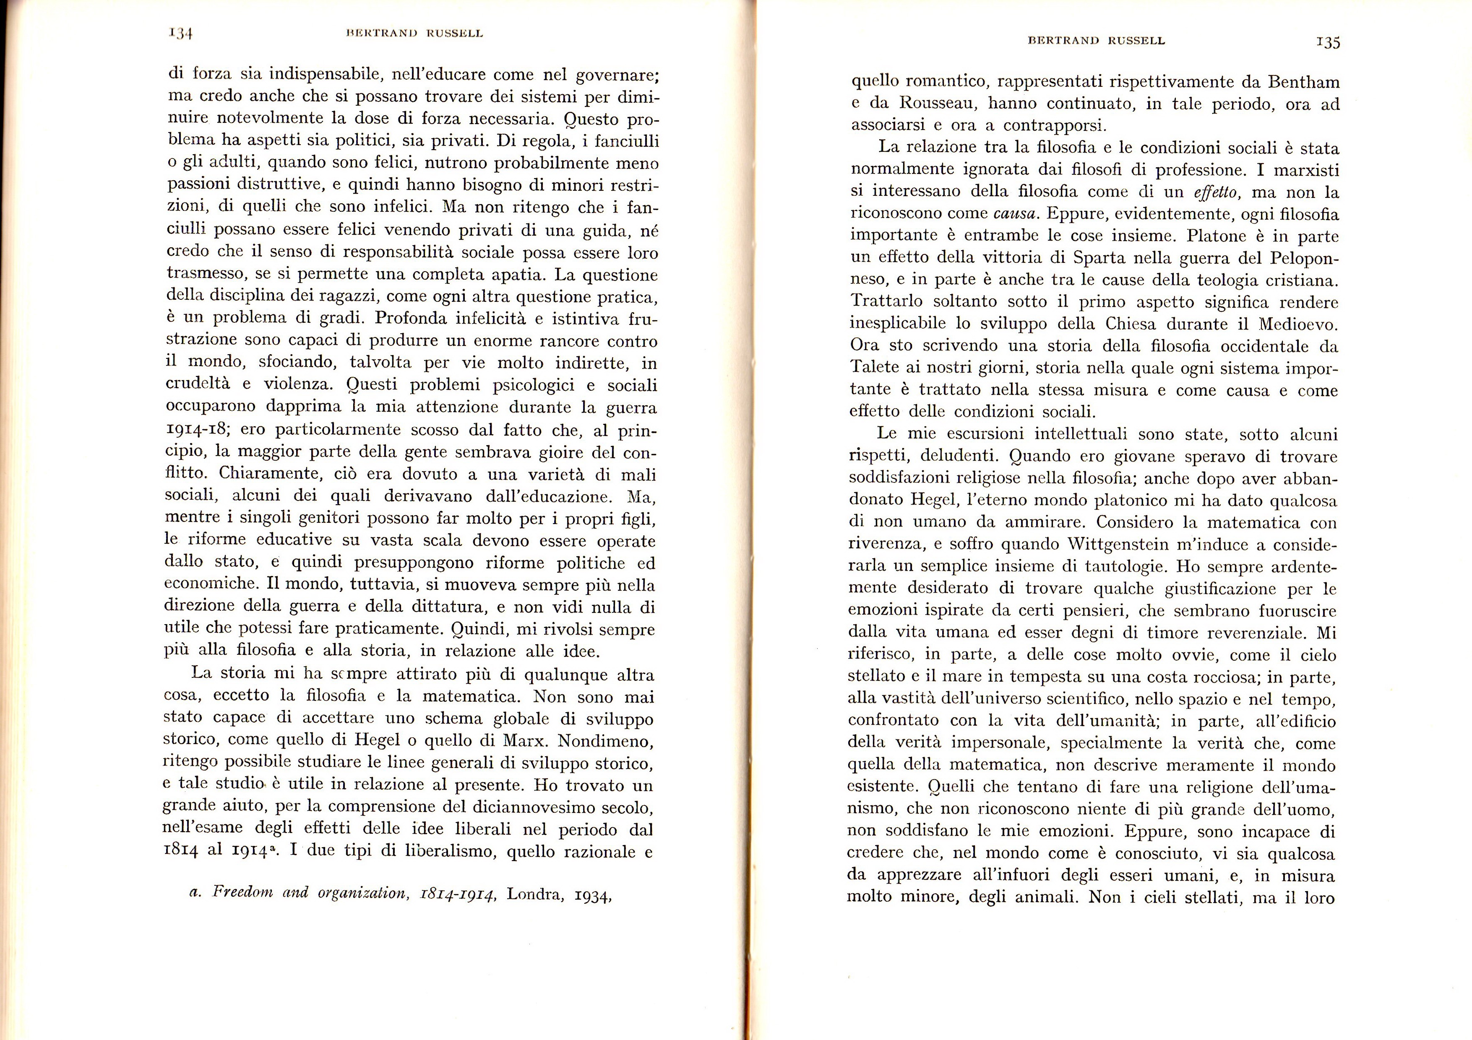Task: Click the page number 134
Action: tap(182, 34)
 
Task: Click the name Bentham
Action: tap(1301, 82)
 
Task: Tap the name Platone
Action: tap(1214, 236)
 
